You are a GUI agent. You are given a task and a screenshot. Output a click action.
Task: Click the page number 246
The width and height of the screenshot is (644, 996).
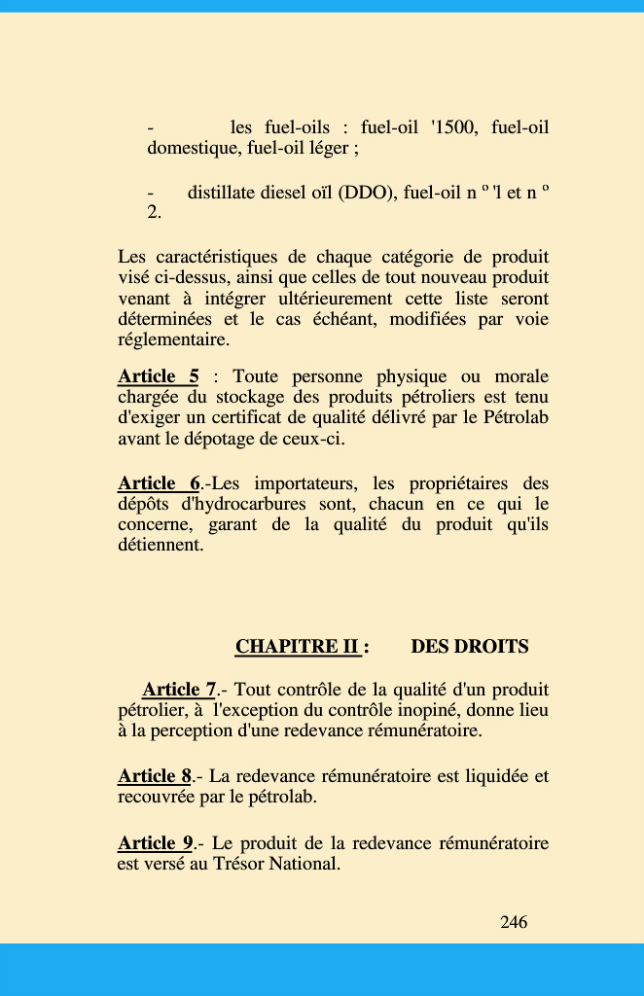[514, 922]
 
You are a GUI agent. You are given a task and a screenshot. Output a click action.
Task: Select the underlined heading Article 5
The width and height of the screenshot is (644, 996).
[158, 376]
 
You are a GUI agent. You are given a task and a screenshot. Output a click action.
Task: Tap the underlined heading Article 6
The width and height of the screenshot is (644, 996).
[159, 483]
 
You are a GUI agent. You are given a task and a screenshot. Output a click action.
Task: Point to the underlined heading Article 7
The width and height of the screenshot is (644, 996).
[179, 690]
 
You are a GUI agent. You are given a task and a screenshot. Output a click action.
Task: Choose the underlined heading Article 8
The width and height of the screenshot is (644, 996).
[155, 776]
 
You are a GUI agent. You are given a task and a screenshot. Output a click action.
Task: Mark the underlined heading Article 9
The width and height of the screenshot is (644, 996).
[155, 842]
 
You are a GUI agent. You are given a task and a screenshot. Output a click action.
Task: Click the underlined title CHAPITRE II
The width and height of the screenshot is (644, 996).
[298, 647]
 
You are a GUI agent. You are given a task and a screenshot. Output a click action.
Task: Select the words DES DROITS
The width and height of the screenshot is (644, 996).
[470, 647]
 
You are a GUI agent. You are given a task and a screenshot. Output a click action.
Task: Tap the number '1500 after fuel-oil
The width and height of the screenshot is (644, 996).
[452, 127]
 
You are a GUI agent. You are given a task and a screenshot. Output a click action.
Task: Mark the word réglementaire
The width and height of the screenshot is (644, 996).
[174, 339]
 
